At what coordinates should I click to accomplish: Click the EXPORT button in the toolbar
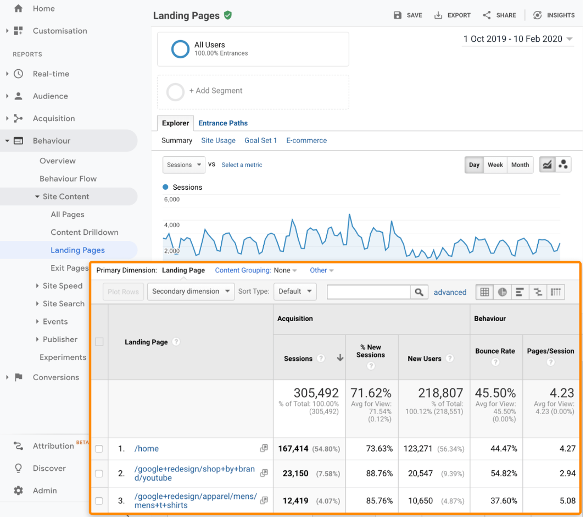pos(453,15)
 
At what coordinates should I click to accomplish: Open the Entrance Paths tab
pos(223,123)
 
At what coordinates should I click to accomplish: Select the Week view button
pos(495,165)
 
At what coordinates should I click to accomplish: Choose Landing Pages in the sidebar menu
pos(77,250)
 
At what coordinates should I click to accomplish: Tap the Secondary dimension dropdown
pos(191,291)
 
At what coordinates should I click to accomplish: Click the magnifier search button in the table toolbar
pos(420,292)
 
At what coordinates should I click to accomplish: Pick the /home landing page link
pos(147,449)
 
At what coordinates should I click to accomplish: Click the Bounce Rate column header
pos(495,351)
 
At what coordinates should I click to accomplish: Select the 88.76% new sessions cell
pos(379,474)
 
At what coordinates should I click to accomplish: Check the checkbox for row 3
pos(99,501)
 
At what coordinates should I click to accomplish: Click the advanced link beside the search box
pos(450,293)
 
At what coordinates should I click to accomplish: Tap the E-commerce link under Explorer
pos(306,141)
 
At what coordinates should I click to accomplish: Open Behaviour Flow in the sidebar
pos(68,179)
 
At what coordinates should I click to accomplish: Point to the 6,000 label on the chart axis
pos(172,200)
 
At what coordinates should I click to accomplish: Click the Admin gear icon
pos(19,491)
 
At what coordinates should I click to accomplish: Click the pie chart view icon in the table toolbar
pos(503,292)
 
